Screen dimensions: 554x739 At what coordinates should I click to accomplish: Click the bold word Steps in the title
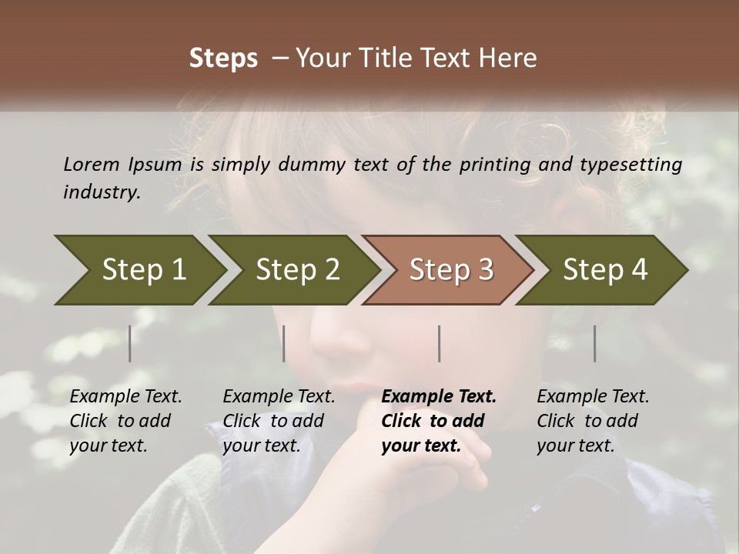(x=223, y=58)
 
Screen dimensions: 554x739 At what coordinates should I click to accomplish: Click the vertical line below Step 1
(x=130, y=343)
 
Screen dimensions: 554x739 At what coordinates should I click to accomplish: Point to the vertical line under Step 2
(x=284, y=343)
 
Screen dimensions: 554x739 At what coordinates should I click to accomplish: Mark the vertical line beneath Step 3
(x=440, y=343)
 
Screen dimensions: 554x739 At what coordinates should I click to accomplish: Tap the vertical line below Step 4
(x=595, y=343)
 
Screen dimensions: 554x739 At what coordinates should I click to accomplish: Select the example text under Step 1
(x=125, y=421)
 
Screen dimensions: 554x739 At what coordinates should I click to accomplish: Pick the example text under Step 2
(x=279, y=421)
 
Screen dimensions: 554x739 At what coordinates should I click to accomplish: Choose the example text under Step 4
(x=593, y=421)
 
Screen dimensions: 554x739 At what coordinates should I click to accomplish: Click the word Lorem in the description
(x=92, y=164)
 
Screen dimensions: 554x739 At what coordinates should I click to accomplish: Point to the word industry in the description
(x=102, y=192)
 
